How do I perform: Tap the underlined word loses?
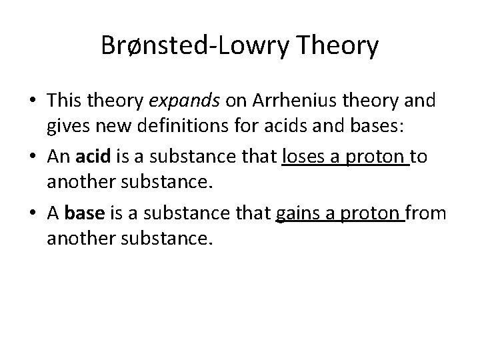click(x=303, y=157)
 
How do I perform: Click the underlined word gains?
click(x=297, y=213)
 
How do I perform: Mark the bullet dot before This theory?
click(x=32, y=102)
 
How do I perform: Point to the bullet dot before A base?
click(x=32, y=214)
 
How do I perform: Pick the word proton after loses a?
click(x=375, y=157)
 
